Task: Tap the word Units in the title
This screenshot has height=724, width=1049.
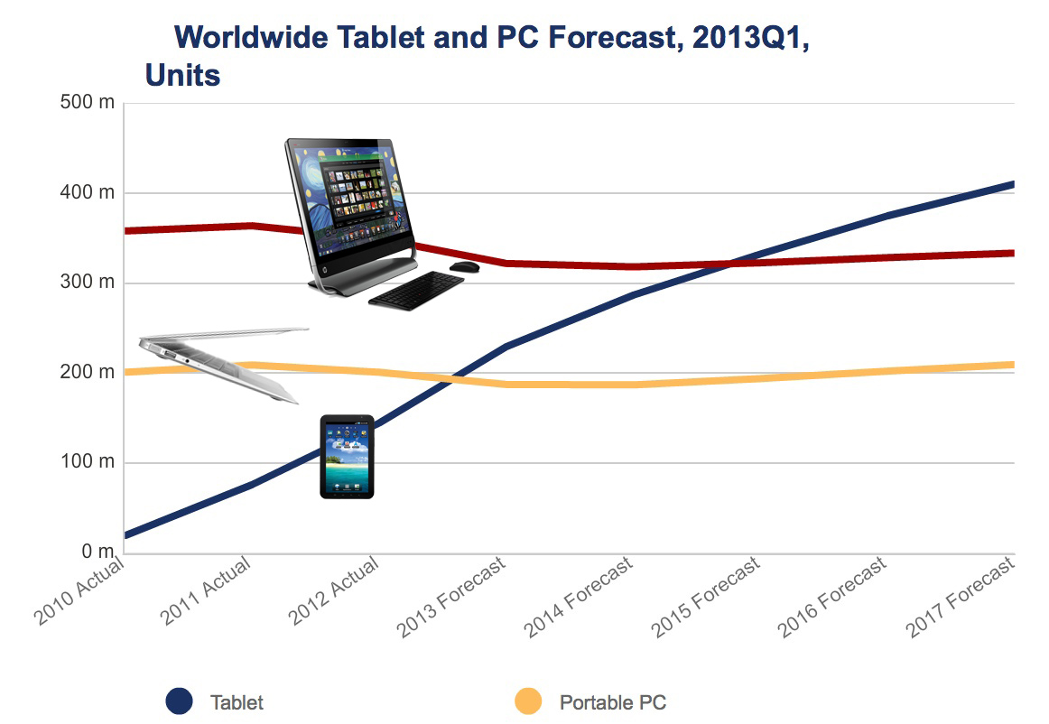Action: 183,75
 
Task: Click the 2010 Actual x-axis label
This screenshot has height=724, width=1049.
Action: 79,591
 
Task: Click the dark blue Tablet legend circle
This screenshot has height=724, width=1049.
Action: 180,701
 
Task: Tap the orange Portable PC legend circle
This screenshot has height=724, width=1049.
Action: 528,701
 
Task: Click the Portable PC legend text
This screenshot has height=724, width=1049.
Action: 612,702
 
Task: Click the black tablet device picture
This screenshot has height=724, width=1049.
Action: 347,457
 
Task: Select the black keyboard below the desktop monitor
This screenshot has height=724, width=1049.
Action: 416,290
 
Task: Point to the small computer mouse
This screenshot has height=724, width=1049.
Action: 464,266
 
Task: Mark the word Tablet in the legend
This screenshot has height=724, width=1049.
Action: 237,702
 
